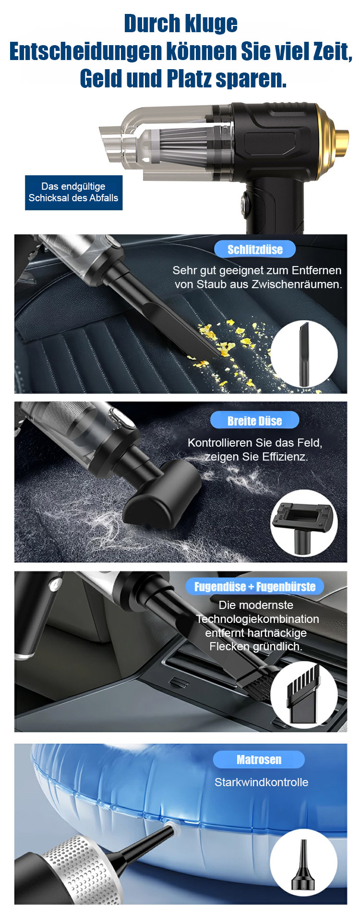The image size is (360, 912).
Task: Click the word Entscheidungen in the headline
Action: [x=85, y=51]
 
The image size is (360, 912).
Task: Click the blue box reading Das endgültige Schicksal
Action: [x=73, y=192]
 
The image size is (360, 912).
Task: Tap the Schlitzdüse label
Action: [x=255, y=249]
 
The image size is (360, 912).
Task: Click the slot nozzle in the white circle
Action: [x=304, y=354]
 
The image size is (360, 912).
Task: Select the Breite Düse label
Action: [x=254, y=421]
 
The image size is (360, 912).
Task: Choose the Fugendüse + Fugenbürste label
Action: [x=255, y=586]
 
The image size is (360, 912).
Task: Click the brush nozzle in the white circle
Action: [x=303, y=694]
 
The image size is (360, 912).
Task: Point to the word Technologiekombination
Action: [x=257, y=619]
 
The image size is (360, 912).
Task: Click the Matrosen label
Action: [x=259, y=759]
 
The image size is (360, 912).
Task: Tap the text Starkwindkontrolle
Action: [x=262, y=782]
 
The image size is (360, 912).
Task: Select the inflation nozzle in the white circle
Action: [x=303, y=864]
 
